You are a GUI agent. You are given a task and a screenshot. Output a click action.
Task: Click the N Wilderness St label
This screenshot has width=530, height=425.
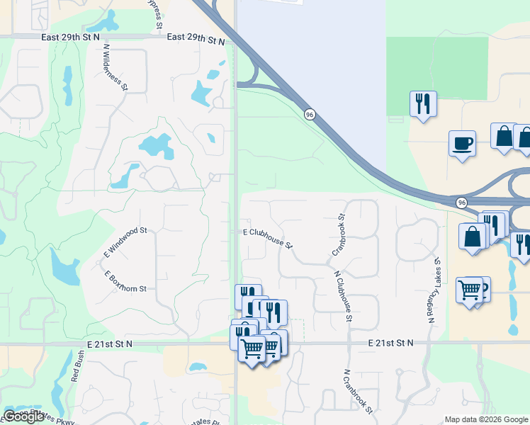coord(115,68)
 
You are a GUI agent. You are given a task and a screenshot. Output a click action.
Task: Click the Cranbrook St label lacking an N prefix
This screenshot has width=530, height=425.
coord(338,235)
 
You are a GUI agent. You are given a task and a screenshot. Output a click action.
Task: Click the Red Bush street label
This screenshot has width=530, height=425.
coord(77,368)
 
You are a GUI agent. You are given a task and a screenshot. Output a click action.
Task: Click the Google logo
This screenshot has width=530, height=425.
coord(23,416)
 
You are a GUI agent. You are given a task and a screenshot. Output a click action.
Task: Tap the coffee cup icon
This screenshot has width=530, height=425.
coord(462,143)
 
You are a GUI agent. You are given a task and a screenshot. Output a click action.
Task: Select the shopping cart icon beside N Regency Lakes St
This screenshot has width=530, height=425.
coord(469,289)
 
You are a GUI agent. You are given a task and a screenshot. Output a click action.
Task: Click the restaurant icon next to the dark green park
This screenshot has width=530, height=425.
coord(423,103)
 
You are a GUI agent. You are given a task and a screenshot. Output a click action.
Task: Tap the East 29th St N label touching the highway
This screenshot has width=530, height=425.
coord(196,37)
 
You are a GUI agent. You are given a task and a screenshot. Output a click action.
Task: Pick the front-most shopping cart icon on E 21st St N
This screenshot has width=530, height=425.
coord(252,348)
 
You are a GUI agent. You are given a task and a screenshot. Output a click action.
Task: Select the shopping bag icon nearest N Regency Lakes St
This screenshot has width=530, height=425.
coord(473,236)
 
